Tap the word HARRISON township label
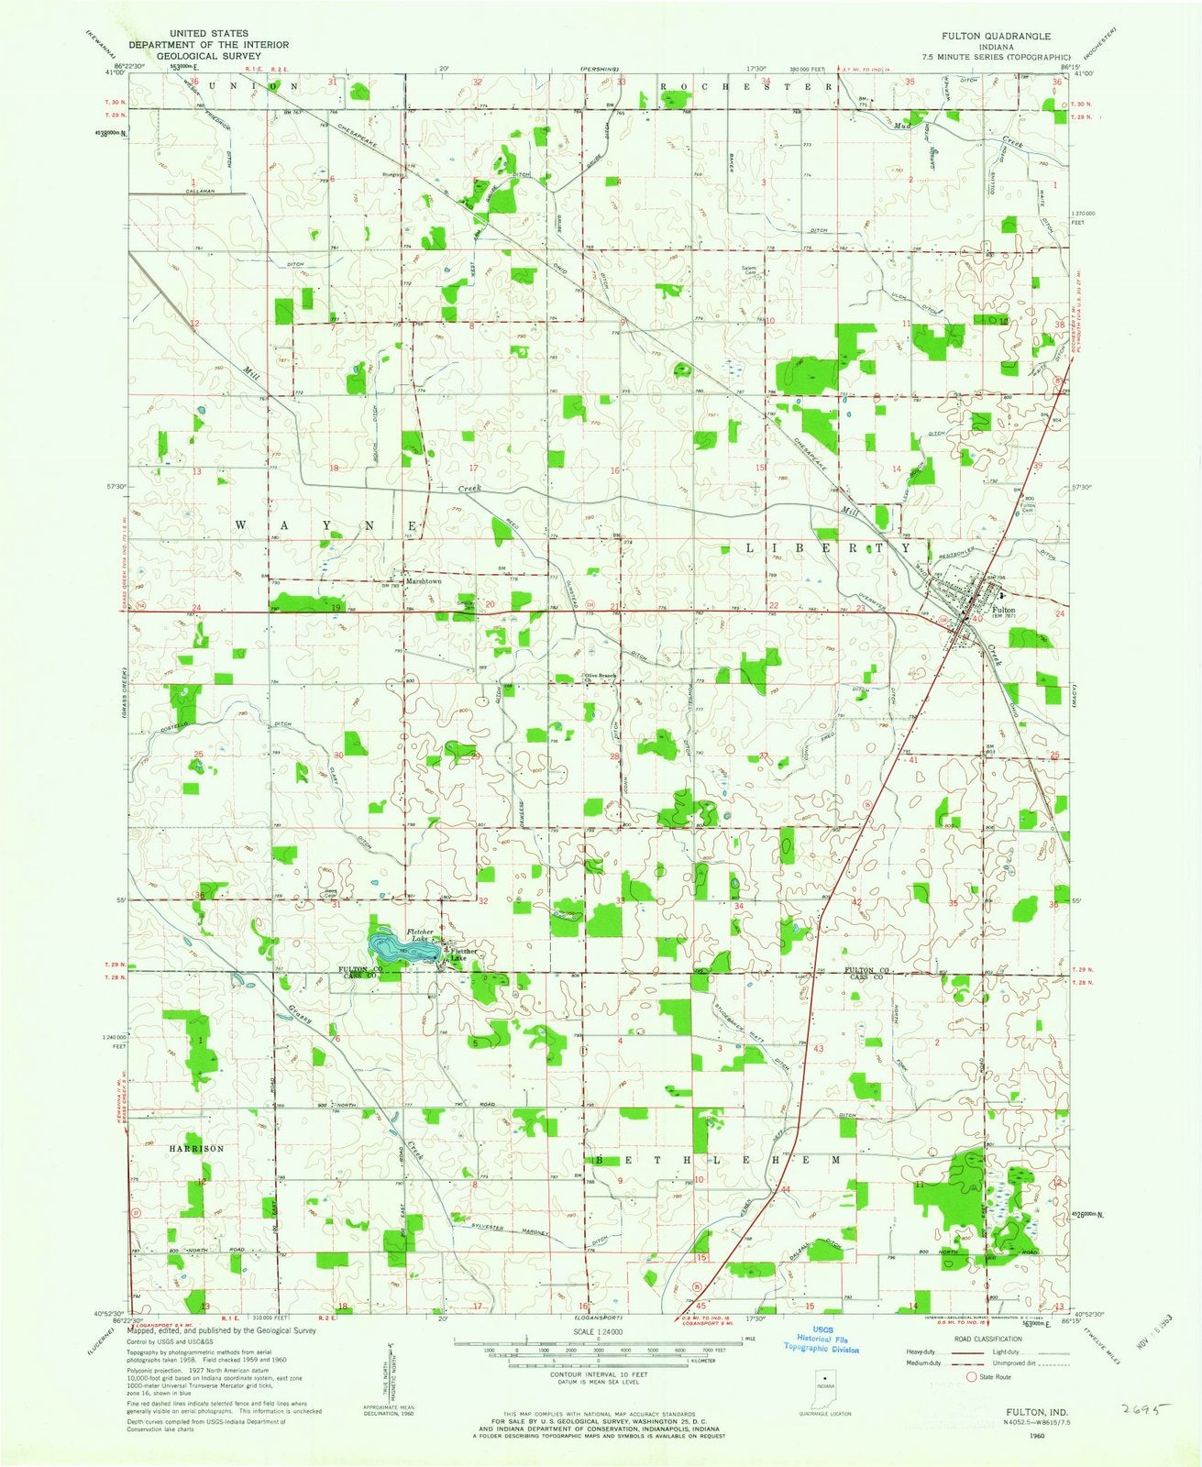coord(196,1148)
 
